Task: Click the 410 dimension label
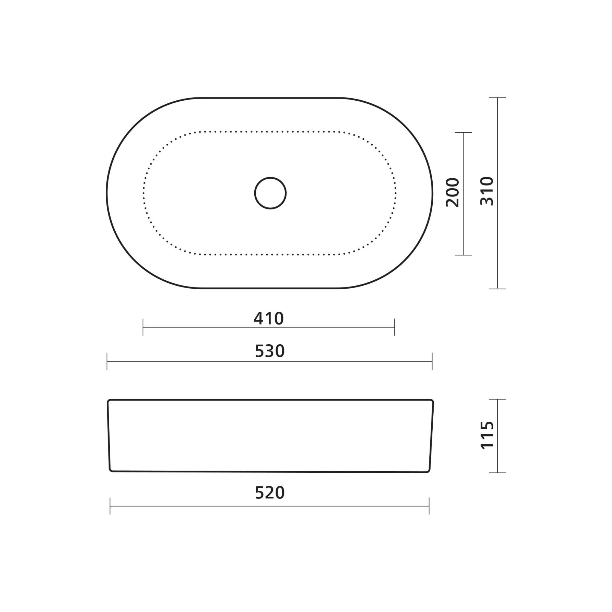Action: click(x=269, y=319)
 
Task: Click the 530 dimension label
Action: click(x=270, y=351)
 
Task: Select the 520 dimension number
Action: click(x=270, y=493)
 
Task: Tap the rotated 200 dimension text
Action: click(x=452, y=193)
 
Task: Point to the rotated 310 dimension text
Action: click(x=487, y=191)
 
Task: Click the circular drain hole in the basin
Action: click(x=270, y=193)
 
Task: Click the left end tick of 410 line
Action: click(x=143, y=327)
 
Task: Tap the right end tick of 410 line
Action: click(x=394, y=327)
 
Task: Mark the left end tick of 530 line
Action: click(x=107, y=361)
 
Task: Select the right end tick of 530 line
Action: click(x=432, y=361)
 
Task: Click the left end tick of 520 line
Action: click(x=110, y=506)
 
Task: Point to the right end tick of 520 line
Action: click(x=429, y=506)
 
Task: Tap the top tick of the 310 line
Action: click(x=497, y=97)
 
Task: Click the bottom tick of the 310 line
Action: click(x=497, y=289)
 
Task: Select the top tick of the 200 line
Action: click(x=463, y=133)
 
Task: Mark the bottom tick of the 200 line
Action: click(x=463, y=255)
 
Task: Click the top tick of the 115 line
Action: click(x=497, y=400)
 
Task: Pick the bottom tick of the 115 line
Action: click(x=497, y=473)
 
